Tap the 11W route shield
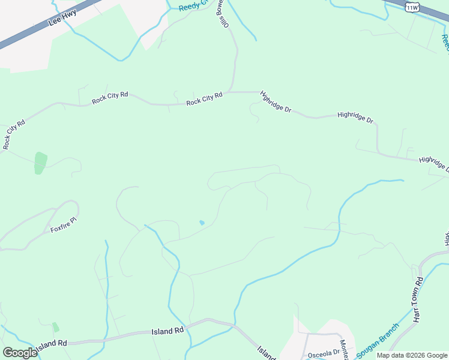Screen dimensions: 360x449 412,7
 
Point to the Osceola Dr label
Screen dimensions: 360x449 324,354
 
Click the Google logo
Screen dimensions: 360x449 19,353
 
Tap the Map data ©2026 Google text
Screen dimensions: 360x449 412,355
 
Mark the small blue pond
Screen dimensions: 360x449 202,223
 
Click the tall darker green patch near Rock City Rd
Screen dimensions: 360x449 40,163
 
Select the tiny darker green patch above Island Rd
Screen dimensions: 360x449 56,328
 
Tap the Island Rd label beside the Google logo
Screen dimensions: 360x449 51,344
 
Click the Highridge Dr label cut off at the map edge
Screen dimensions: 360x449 434,164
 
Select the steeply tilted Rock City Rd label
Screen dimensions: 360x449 13,134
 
